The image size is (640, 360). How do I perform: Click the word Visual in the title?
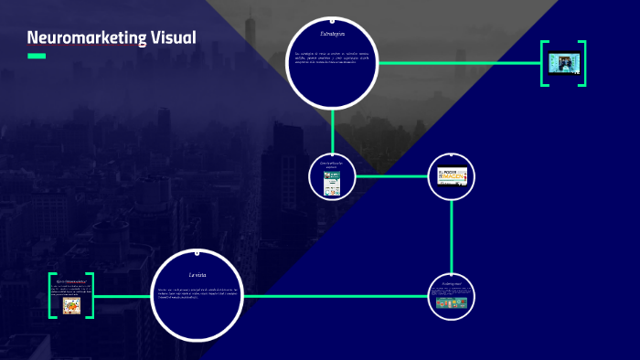167,38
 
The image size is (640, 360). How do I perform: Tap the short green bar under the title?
37,57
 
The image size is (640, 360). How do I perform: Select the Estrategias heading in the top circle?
332,34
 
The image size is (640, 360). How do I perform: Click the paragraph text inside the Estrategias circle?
332,58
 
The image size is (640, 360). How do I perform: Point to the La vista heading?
198,274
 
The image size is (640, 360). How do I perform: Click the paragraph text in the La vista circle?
198,293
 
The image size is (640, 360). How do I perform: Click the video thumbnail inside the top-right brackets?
562,63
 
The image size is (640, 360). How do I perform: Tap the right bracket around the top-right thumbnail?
582,63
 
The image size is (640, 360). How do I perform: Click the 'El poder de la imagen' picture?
452,175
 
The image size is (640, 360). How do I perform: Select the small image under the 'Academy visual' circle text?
452,302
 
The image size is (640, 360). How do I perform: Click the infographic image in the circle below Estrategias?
331,183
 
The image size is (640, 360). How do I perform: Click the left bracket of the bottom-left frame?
51,295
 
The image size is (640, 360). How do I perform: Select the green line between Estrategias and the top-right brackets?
457,63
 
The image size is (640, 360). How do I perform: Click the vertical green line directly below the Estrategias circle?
332,128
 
